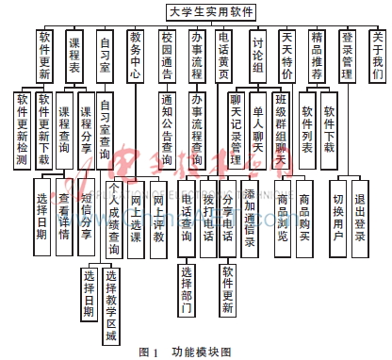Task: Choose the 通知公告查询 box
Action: [x=167, y=132]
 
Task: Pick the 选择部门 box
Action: [x=187, y=288]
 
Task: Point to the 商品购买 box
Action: [x=304, y=218]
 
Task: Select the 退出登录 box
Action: [x=359, y=218]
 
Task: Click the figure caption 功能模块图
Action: [x=201, y=351]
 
